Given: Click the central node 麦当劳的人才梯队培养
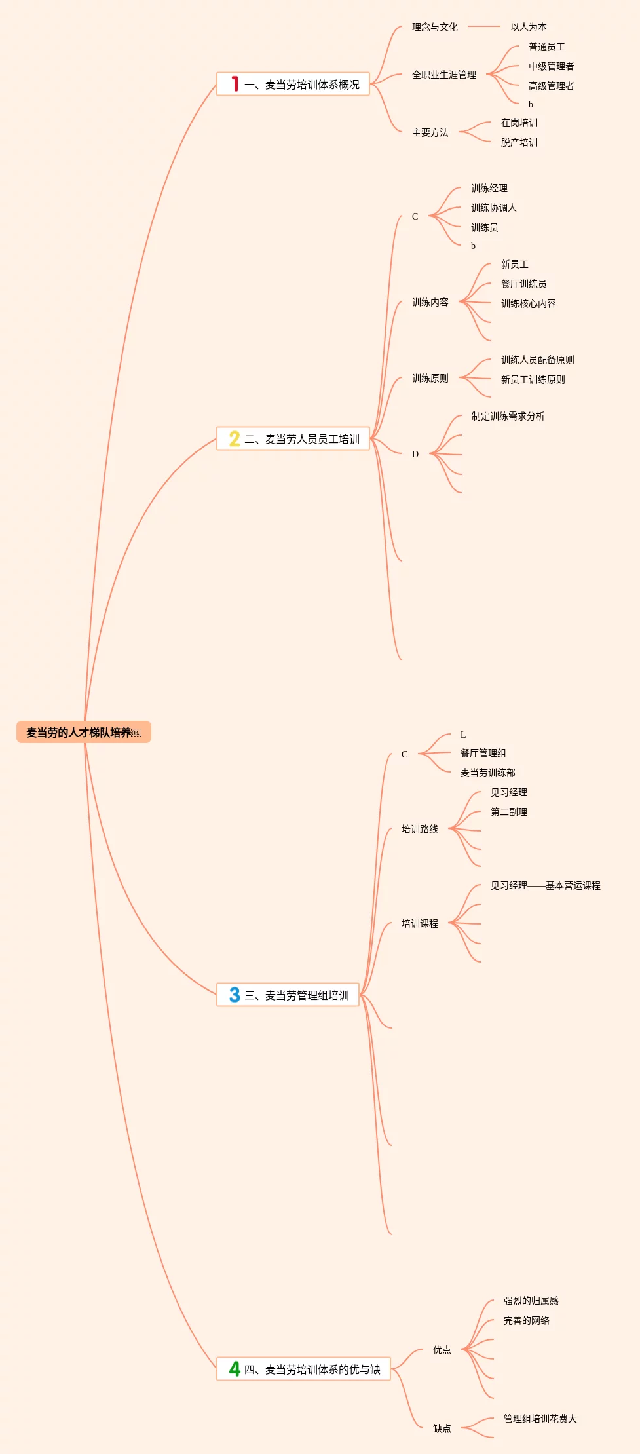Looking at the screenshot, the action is coord(83,732).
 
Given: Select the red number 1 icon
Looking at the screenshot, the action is coord(235,84).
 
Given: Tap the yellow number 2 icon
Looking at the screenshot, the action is coord(235,438).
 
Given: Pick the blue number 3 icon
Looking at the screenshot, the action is coord(235,995).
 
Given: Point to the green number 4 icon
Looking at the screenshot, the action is coord(235,1369).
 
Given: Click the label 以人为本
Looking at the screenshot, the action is coord(529,27).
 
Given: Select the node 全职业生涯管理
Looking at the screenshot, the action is coord(443,75).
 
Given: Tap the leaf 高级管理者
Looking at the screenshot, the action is coord(551,86).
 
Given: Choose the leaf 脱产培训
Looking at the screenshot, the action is coord(519,142).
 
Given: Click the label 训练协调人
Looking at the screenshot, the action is coord(493,208).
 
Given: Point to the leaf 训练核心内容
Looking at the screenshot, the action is coord(528,303).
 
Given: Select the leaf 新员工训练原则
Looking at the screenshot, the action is coord(533,379).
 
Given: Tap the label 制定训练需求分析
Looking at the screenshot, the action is coord(508,416).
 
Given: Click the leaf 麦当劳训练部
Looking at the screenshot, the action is coord(487,773).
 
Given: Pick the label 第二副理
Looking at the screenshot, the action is coord(508,812).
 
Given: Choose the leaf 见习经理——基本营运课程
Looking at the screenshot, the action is coord(545,885).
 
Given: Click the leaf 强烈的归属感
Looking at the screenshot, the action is coord(531,1301).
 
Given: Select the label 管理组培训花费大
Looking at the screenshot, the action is coord(540,1419).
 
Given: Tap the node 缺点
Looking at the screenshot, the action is coord(442,1428).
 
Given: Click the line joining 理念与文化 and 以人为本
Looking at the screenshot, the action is coord(484,27).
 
